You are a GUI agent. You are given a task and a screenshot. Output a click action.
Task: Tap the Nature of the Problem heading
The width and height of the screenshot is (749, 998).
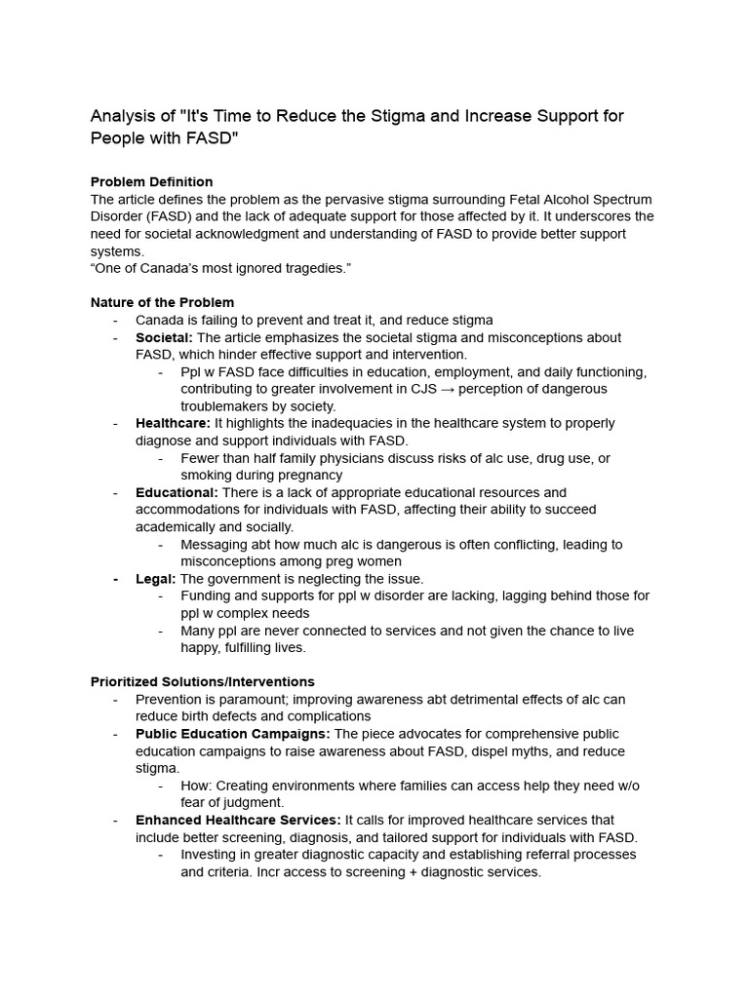(x=162, y=302)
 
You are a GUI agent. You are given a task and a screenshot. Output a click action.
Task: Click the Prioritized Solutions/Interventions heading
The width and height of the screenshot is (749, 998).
(x=202, y=681)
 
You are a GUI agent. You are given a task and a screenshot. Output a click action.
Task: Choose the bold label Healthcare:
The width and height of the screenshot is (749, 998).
(x=173, y=423)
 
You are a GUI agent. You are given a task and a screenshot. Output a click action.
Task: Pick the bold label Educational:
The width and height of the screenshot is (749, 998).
(x=177, y=492)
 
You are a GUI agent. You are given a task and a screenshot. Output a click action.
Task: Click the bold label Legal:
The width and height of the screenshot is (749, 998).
(x=156, y=579)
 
